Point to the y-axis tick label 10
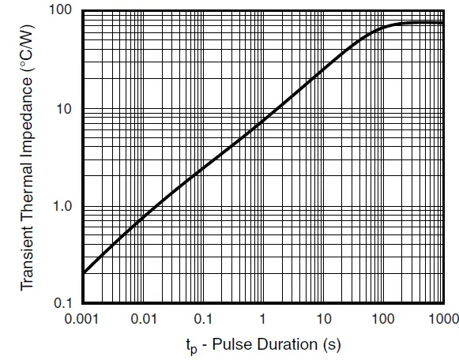[63, 109]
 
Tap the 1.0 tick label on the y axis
[61, 206]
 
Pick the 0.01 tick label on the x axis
[144, 319]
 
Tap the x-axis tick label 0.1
[204, 319]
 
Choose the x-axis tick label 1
[263, 319]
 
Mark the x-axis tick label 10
[323, 319]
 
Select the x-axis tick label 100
[383, 319]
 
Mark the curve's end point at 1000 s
[442, 23]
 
